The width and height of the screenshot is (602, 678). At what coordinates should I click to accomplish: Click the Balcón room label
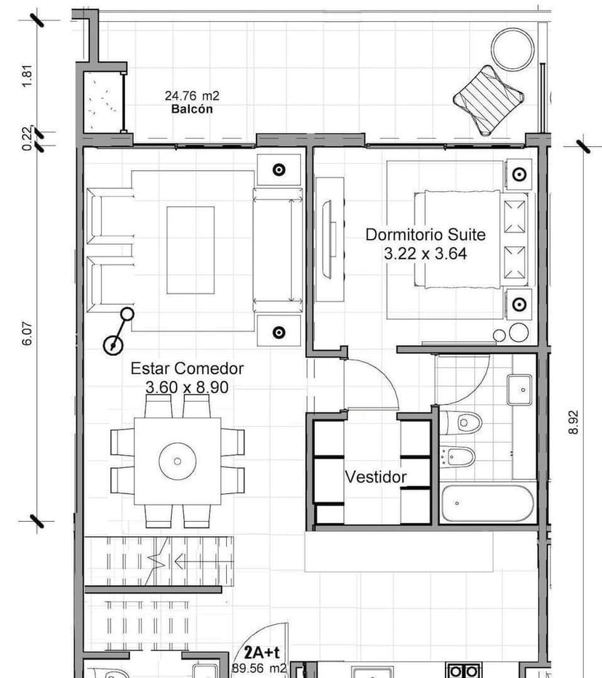[193, 109]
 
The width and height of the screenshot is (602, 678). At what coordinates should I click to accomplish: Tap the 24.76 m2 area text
[192, 96]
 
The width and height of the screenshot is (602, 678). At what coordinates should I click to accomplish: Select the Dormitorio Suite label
[425, 235]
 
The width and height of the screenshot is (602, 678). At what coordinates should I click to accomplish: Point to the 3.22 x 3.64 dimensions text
[425, 254]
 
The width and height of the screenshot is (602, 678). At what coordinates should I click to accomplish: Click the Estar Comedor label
[187, 368]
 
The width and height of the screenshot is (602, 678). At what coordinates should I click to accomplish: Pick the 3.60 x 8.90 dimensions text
[187, 387]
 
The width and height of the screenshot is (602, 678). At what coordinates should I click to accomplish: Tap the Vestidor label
[375, 477]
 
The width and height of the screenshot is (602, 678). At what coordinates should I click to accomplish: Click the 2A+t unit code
[260, 653]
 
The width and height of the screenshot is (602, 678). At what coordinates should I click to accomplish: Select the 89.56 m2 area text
[259, 668]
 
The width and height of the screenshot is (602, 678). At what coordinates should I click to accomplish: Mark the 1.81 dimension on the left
[28, 76]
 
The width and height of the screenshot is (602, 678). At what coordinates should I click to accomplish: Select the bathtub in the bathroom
[488, 503]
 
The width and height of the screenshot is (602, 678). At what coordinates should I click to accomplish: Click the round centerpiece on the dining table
[177, 461]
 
